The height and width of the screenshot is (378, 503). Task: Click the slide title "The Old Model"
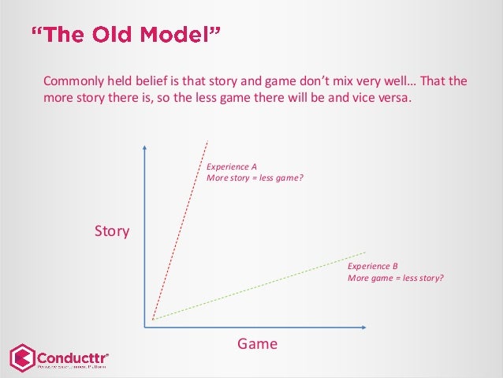click(x=125, y=36)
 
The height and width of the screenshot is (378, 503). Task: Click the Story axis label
click(x=111, y=232)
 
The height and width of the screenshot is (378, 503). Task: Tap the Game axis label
click(x=258, y=344)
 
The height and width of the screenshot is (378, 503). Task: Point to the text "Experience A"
click(x=232, y=167)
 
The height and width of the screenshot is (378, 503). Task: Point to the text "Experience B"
click(x=373, y=267)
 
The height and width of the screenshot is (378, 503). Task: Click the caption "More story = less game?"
click(x=254, y=178)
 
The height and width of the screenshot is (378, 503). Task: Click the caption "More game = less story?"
click(x=396, y=278)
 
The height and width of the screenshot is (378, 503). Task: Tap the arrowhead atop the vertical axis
click(x=145, y=150)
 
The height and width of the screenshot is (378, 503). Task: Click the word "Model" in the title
click(x=181, y=36)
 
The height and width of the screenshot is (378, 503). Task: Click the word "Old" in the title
click(x=112, y=36)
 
